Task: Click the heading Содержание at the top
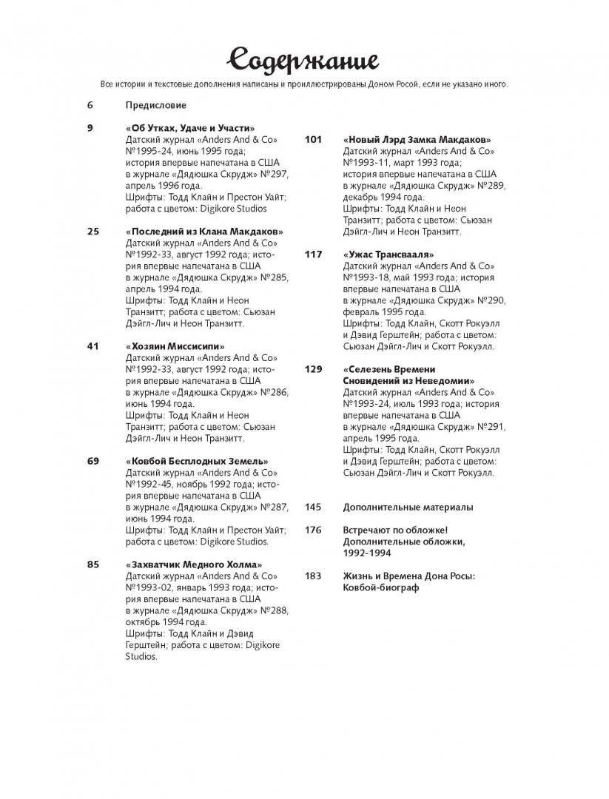304,58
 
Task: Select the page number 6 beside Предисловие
90,105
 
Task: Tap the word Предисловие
155,105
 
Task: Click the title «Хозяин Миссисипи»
175,346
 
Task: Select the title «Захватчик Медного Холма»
195,564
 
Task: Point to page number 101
313,139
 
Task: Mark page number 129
313,369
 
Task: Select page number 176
313,530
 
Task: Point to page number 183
313,576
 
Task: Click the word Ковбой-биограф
381,587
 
